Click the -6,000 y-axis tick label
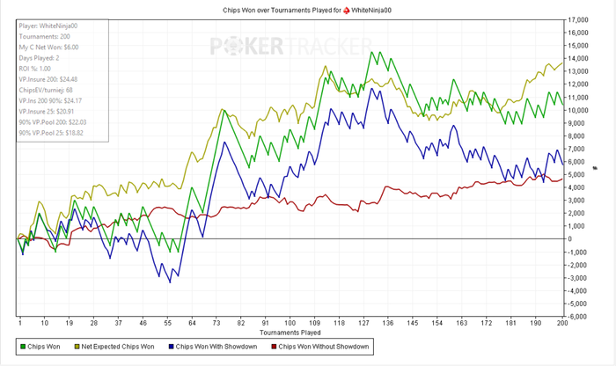point(576,316)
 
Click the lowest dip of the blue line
point(170,282)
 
